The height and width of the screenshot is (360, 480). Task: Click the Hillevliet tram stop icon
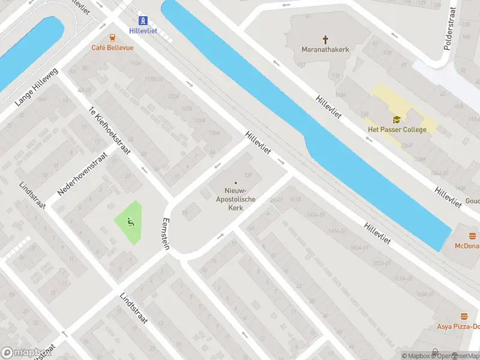[x=143, y=20]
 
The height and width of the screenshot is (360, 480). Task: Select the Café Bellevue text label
[x=112, y=47]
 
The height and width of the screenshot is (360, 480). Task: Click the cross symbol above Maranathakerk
[x=326, y=40]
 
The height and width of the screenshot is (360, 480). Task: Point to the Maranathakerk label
[x=326, y=50]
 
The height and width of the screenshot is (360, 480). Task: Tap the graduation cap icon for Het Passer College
[x=397, y=120]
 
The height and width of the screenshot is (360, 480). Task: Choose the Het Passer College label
[x=397, y=130]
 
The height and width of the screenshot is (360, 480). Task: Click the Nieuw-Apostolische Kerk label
[x=236, y=198]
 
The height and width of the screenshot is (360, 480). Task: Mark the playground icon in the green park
[x=129, y=222]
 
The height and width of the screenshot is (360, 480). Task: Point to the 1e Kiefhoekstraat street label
[x=109, y=131]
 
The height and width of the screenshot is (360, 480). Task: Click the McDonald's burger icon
[x=472, y=236]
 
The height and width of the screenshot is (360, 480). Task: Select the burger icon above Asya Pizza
[x=464, y=316]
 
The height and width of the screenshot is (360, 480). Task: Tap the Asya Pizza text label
[x=458, y=326]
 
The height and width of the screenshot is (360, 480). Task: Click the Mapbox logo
[x=25, y=353]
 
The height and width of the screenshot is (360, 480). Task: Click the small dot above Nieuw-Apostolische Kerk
[x=236, y=183]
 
